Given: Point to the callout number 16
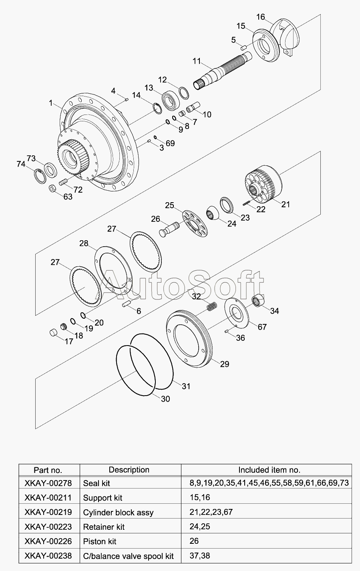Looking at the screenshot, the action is click(261, 17).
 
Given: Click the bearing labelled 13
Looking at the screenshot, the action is click(171, 100).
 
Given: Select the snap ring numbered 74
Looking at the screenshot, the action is click(40, 176).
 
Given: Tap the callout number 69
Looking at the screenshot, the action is click(170, 143).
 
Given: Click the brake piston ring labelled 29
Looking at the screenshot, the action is click(189, 338).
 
